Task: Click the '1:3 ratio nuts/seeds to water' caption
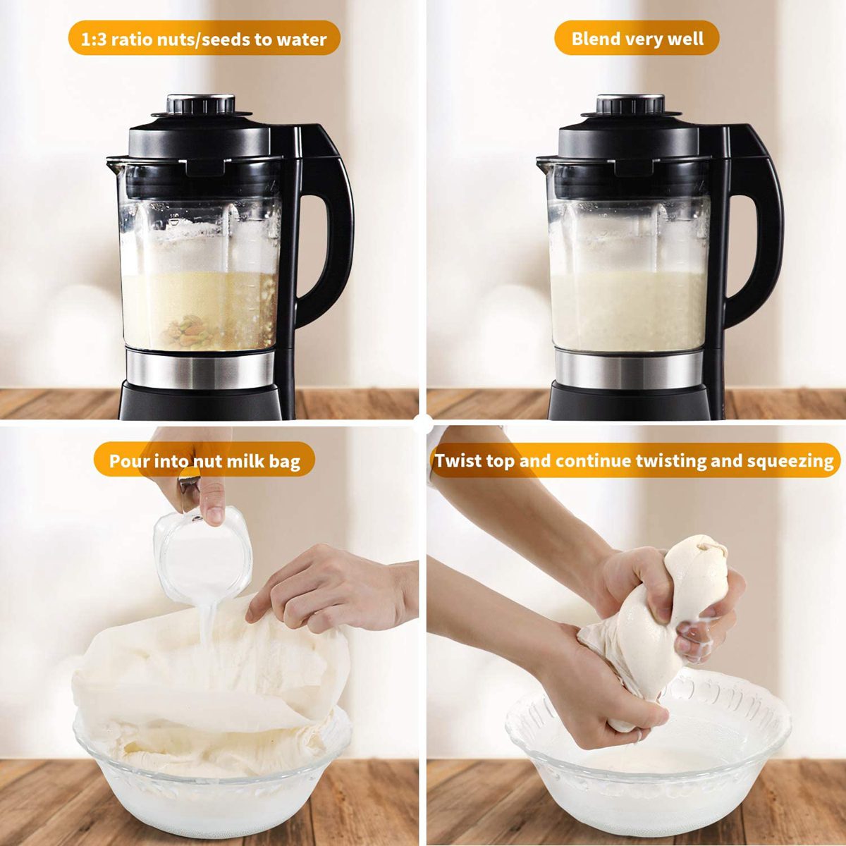click(x=204, y=39)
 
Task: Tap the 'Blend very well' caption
click(x=637, y=38)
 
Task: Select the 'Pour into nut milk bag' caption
click(x=204, y=462)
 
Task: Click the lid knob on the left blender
click(x=201, y=104)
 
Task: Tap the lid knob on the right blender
click(x=631, y=104)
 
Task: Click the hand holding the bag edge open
click(x=331, y=589)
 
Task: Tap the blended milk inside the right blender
click(x=627, y=310)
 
